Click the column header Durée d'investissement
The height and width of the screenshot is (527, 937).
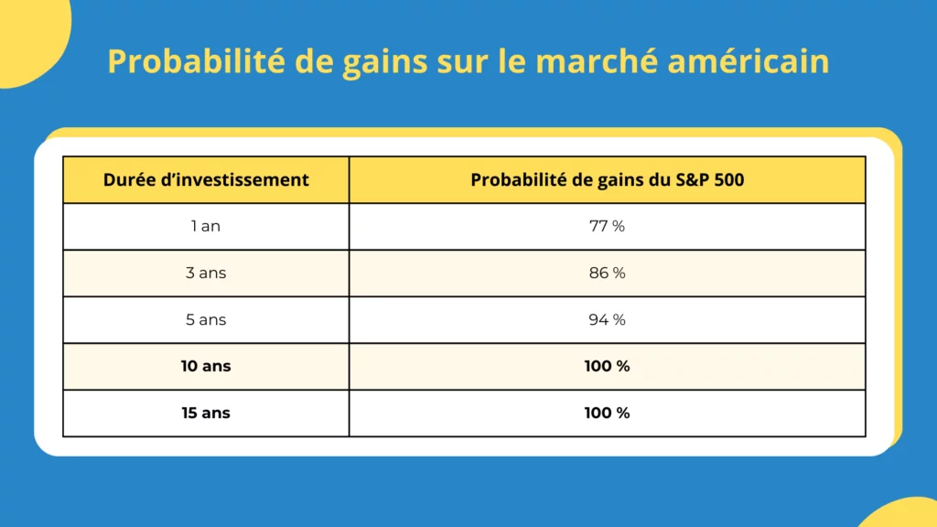click(206, 180)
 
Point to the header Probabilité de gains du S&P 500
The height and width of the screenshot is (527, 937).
click(607, 180)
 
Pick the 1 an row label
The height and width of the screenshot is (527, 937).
click(206, 226)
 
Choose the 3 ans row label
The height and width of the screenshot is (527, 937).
click(206, 273)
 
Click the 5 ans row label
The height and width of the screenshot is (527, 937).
click(206, 319)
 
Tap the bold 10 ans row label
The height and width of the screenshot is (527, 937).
click(206, 366)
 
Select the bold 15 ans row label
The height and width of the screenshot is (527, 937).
click(206, 413)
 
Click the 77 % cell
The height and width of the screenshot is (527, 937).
click(607, 226)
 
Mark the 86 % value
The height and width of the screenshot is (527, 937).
click(607, 273)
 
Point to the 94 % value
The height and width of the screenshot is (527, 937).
click(607, 319)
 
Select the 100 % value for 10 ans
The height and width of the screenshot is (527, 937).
click(607, 366)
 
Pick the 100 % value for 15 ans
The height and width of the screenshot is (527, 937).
click(607, 413)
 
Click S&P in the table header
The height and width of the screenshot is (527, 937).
click(690, 180)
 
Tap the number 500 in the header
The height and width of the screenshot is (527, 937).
click(729, 180)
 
